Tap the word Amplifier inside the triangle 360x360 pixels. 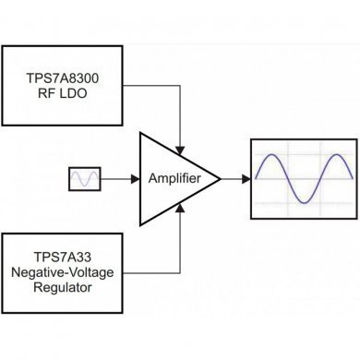coord(177,177)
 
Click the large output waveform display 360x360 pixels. coord(302,178)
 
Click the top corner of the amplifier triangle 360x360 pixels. coord(140,132)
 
